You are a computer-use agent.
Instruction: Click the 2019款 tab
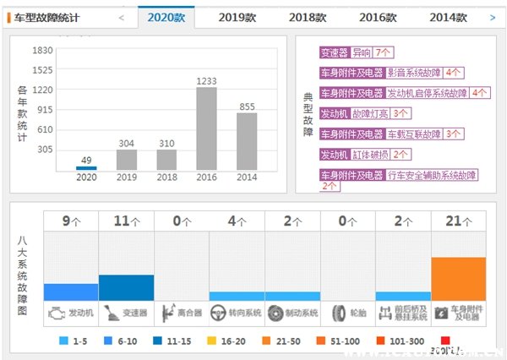237,17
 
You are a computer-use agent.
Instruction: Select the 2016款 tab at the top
377,17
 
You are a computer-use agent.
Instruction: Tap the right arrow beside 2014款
493,17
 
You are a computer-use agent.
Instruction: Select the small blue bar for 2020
86,168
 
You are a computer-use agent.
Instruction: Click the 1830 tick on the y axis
42,50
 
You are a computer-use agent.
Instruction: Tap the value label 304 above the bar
127,143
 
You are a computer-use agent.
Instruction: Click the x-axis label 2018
166,177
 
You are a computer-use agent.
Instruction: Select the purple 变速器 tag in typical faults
335,52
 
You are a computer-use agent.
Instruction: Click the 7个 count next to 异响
383,52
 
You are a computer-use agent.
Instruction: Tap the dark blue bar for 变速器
127,287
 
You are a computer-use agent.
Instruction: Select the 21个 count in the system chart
459,221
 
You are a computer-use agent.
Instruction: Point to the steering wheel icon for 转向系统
215,312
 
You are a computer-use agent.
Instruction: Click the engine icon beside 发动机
55,312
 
